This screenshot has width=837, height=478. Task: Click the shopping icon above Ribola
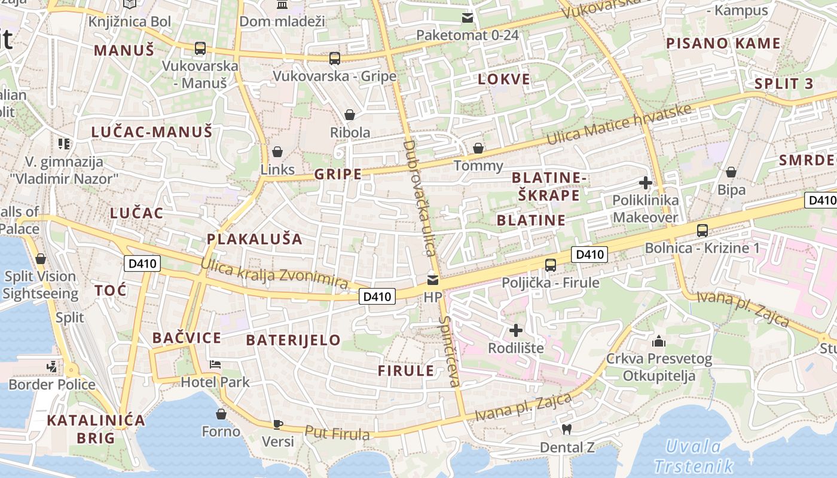point(350,115)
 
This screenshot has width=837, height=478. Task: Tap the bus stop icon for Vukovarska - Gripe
point(335,59)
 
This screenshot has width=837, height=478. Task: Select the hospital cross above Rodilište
point(515,330)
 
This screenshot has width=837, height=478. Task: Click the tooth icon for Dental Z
point(567,429)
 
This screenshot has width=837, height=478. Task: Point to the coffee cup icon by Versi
point(278,424)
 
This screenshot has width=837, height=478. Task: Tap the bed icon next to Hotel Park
point(215,364)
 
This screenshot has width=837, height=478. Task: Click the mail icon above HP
point(432,280)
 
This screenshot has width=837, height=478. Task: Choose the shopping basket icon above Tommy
point(478,148)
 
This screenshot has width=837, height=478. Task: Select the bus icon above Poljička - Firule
point(551,265)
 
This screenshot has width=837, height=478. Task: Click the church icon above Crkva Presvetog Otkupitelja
point(659,341)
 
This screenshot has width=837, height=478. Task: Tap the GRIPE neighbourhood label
point(338,174)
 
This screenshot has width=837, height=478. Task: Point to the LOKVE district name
point(504,79)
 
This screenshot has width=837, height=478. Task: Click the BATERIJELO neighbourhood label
point(294,341)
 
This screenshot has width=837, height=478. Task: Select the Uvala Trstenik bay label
point(694,456)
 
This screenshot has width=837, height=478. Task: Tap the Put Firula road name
point(337,433)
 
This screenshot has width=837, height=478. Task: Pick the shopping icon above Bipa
point(731,173)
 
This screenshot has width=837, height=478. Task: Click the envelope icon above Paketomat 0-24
point(468,18)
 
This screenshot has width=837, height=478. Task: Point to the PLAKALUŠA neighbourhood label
point(255,239)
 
